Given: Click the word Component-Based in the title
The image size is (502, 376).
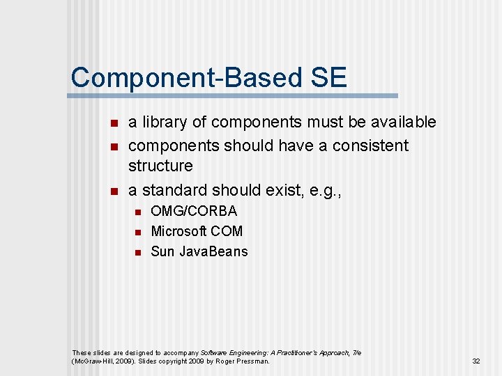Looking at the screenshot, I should point(183,77).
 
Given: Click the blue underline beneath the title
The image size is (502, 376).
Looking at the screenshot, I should point(234,95).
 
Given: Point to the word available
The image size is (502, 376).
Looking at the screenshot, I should point(402,123).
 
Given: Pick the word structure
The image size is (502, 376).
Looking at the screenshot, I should point(160,166).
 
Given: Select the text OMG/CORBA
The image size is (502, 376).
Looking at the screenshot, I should point(194,211).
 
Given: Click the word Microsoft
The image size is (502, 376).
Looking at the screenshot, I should point(177,231).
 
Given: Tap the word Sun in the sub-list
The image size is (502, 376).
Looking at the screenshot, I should point(162,251).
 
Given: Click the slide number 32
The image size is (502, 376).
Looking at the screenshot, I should point(476,361).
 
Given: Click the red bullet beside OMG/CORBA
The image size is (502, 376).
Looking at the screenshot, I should point(137,212).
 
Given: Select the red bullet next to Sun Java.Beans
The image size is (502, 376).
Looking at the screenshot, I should point(137,252).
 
